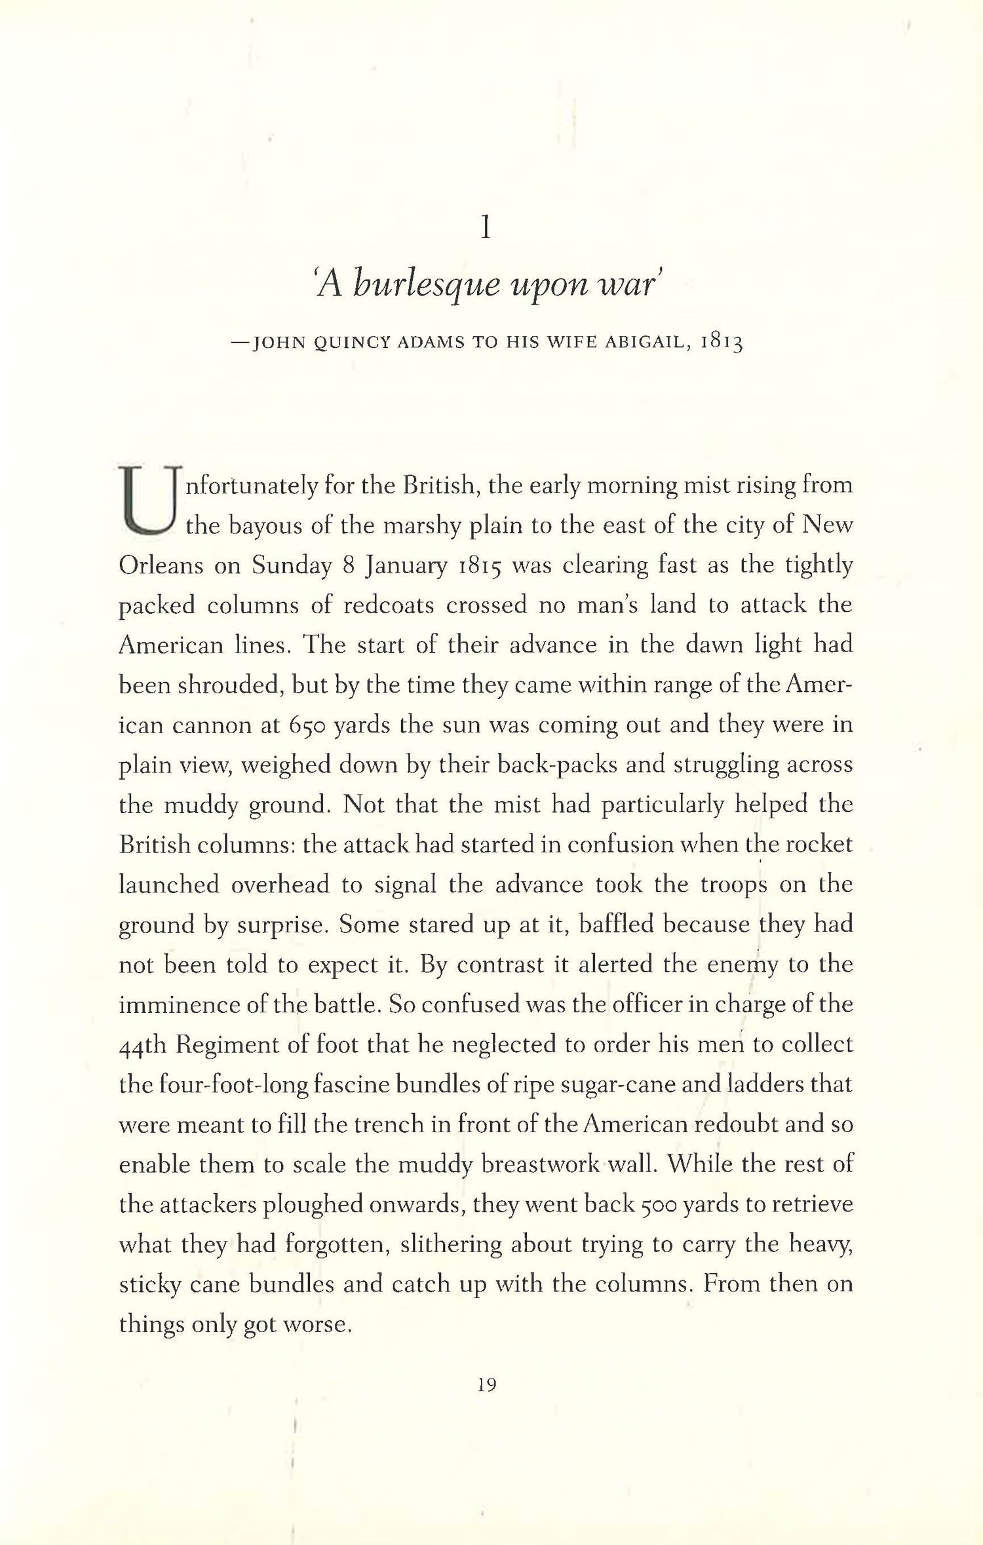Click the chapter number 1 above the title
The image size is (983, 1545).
point(485,229)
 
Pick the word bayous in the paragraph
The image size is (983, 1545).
point(265,525)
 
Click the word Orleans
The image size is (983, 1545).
point(161,565)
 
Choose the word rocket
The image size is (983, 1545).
point(819,845)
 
